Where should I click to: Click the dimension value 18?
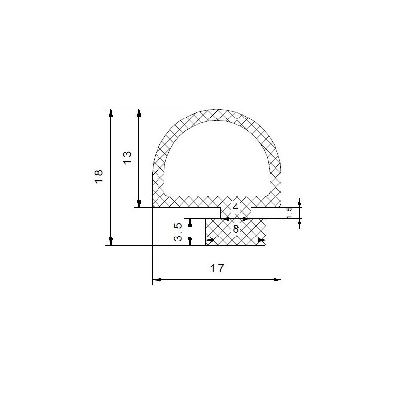(99, 176)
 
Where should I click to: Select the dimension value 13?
(127, 158)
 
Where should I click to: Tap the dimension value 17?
(217, 268)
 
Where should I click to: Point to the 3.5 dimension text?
(178, 232)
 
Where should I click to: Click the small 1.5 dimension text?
(289, 213)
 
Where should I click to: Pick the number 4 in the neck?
(236, 207)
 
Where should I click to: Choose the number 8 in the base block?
(236, 229)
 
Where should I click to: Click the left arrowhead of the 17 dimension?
(157, 279)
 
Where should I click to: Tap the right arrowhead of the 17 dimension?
(277, 279)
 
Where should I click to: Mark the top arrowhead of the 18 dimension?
(111, 113)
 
